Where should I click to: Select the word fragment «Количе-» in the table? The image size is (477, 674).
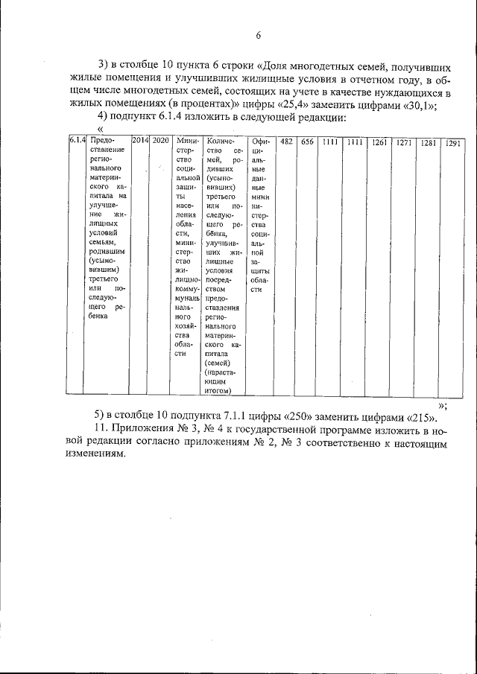coord(222,141)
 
